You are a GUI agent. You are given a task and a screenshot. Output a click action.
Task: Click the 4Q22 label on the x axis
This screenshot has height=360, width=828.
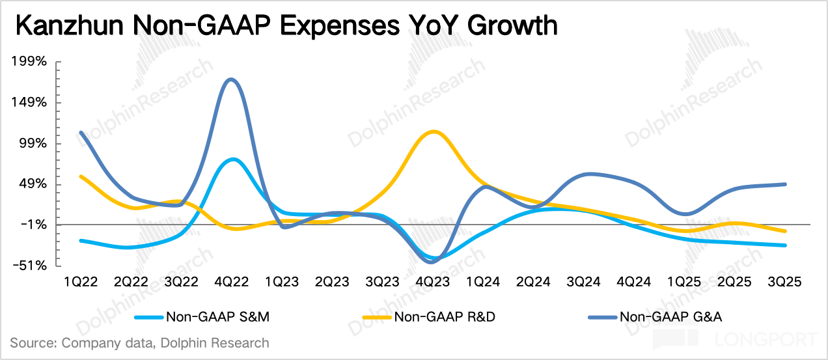(232, 282)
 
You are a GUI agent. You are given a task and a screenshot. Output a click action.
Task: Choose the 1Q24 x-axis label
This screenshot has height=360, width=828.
(483, 282)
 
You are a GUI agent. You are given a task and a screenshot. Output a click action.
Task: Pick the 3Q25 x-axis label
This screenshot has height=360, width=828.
(784, 282)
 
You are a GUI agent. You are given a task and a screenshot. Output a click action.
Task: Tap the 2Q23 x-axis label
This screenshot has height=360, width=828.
(332, 282)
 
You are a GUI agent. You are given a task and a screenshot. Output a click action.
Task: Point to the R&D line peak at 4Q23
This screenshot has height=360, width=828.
(432, 132)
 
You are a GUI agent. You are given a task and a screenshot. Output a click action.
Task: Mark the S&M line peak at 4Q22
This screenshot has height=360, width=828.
(232, 159)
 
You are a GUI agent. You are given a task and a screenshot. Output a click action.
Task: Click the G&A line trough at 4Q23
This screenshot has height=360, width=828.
(432, 262)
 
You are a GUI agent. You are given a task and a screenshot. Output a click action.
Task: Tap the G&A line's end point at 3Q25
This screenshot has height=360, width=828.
(786, 184)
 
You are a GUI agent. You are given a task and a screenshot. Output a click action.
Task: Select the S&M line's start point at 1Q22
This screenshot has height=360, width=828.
(81, 240)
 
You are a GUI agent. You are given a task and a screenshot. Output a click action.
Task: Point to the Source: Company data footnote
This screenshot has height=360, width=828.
(139, 342)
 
